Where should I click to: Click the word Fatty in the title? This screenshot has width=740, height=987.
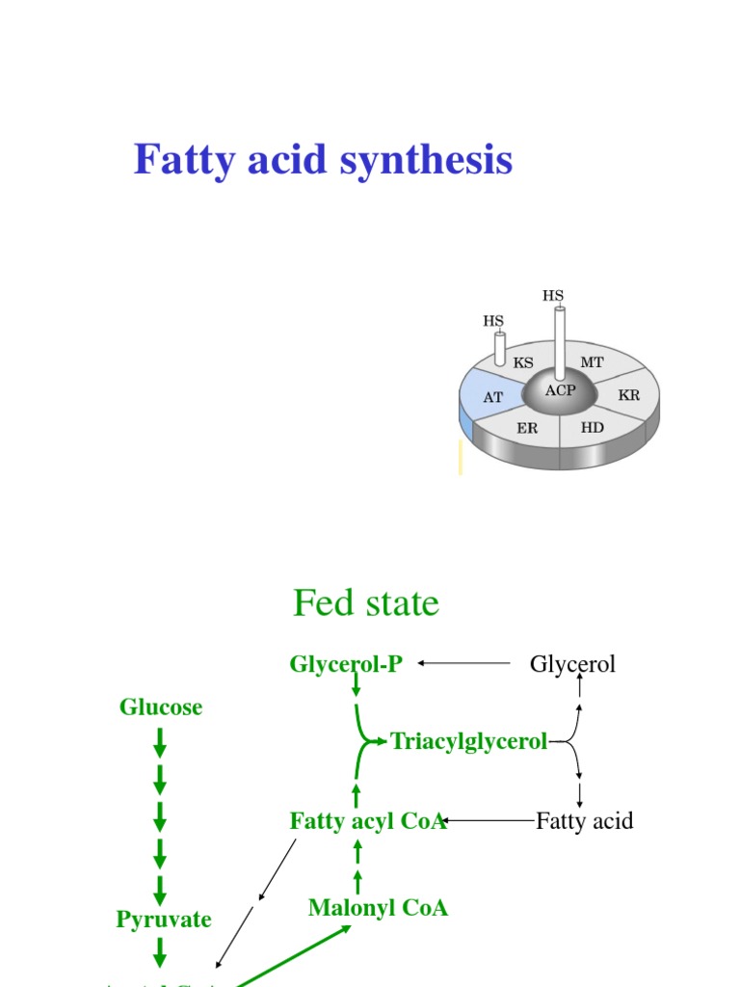pyautogui.click(x=183, y=160)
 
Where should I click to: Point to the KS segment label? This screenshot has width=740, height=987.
pyautogui.click(x=523, y=363)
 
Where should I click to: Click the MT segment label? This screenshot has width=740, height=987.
pyautogui.click(x=592, y=362)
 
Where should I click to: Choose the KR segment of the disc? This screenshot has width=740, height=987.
pyautogui.click(x=628, y=395)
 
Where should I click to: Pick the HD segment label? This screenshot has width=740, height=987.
pyautogui.click(x=592, y=426)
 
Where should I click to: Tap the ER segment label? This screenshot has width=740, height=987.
pyautogui.click(x=527, y=428)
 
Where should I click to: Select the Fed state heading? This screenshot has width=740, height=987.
pyautogui.click(x=366, y=603)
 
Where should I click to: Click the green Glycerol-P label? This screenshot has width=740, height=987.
pyautogui.click(x=346, y=663)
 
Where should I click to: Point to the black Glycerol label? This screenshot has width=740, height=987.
pyautogui.click(x=572, y=663)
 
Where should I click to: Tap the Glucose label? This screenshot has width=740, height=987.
pyautogui.click(x=161, y=707)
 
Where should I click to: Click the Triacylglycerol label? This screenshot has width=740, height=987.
pyautogui.click(x=469, y=741)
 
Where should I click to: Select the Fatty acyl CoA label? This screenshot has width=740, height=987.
pyautogui.click(x=367, y=821)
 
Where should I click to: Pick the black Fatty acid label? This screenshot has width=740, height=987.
pyautogui.click(x=584, y=821)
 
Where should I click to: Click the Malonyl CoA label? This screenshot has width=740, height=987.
pyautogui.click(x=378, y=908)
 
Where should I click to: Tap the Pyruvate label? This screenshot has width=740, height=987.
pyautogui.click(x=164, y=920)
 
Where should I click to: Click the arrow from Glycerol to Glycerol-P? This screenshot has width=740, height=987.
pyautogui.click(x=464, y=663)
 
